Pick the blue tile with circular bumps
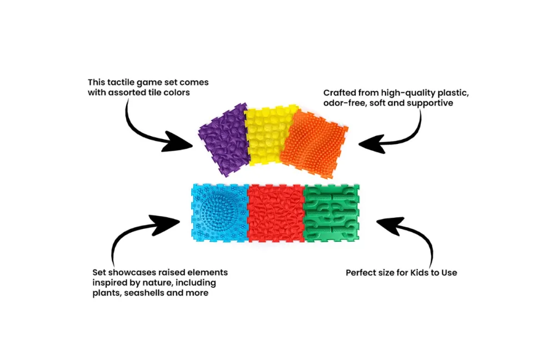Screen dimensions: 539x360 click(x=219, y=212)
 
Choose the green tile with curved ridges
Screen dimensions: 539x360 click(x=331, y=212)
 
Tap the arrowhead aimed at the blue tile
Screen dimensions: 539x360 click(x=165, y=224)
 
